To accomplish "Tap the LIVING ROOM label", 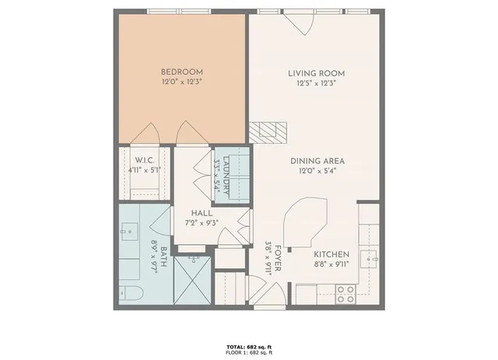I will (x=316, y=74).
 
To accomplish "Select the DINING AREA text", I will (x=317, y=161).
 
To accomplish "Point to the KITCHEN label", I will (x=331, y=254).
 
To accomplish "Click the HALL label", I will (x=202, y=212).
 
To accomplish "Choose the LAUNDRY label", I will (x=226, y=175).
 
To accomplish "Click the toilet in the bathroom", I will (x=129, y=294).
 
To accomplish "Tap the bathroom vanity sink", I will (x=128, y=232).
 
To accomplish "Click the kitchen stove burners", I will (x=345, y=294).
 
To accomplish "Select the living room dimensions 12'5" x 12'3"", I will (x=316, y=83).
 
